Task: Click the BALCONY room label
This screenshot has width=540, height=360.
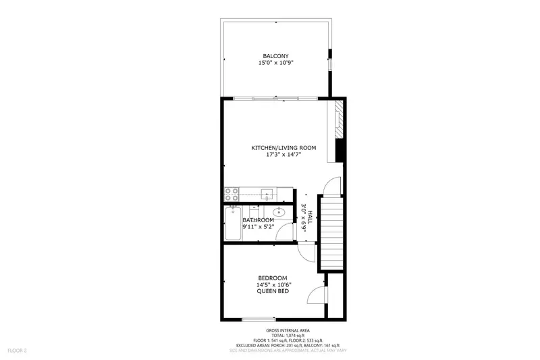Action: click(x=275, y=55)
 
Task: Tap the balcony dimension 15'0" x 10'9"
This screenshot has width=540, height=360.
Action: click(x=275, y=63)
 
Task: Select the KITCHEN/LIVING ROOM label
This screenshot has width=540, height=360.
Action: click(x=283, y=148)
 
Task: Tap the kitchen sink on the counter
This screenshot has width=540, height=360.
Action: click(x=267, y=195)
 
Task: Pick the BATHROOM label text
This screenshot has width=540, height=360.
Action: click(x=259, y=220)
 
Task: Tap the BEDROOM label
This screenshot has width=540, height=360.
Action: click(x=273, y=278)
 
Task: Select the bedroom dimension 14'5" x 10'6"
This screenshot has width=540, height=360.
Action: click(x=273, y=285)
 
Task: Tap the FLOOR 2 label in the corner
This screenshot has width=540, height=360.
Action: click(x=17, y=351)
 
